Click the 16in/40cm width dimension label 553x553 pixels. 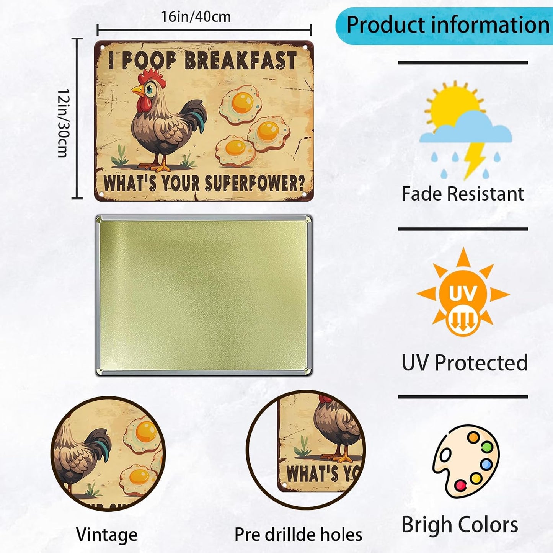coord(196,17)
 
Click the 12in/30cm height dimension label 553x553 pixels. coord(63,123)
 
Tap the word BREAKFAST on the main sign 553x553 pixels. coord(241,60)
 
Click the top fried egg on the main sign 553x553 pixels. coord(241,104)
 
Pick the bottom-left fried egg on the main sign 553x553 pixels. coord(235,150)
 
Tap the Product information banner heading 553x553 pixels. coord(447,25)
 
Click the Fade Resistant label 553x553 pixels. coord(462,194)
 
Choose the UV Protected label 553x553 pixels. coord(465,362)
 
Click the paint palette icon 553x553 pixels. coord(466,461)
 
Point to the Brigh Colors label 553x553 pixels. coord(460,525)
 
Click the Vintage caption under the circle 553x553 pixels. coord(107,534)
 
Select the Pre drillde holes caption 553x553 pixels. coord(298,534)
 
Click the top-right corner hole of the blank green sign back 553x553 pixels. coord(307,219)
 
